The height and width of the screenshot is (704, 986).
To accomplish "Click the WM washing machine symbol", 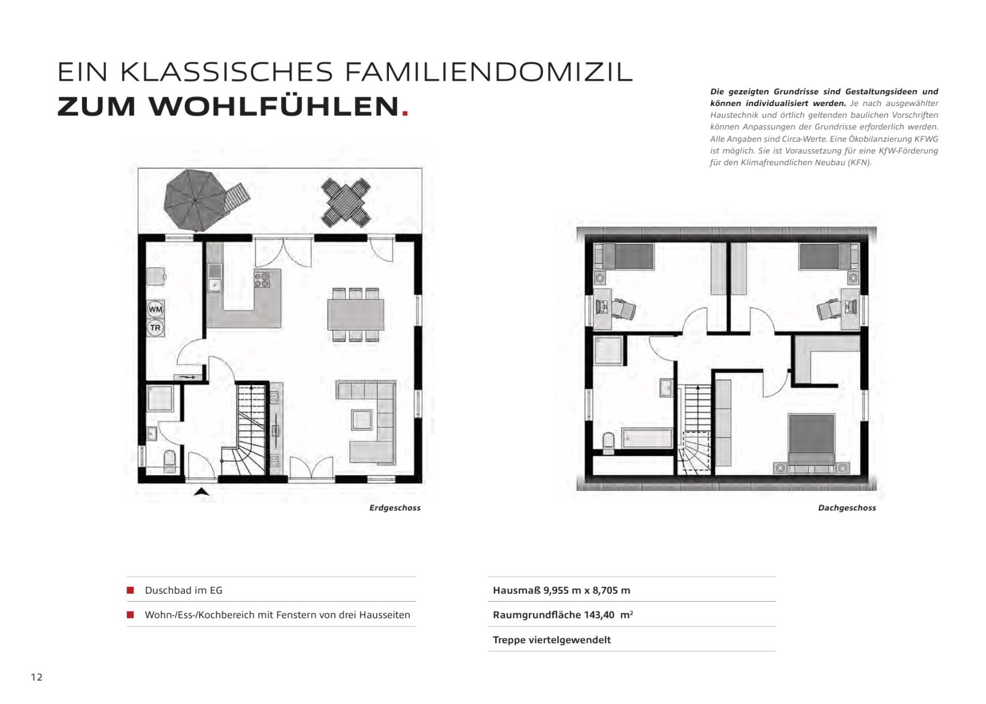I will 155,308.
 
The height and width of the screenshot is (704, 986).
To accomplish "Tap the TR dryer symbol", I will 155,328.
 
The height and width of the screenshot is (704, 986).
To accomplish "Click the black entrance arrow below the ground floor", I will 202,491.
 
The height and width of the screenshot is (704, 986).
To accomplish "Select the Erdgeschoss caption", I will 395,508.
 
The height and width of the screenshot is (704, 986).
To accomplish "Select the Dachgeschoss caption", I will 847,508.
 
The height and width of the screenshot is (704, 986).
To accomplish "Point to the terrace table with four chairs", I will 346,202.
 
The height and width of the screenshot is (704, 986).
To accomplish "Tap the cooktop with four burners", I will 262,280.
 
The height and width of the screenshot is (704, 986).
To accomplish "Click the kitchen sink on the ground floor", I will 215,284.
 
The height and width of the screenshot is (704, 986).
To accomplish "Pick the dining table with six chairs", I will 356,314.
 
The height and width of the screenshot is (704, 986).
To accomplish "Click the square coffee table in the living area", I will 362,420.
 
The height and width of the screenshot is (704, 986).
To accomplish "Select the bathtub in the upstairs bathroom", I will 647,439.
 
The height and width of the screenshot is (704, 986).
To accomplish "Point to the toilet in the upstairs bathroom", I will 608,441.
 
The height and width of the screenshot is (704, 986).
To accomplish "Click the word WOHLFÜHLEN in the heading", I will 273,107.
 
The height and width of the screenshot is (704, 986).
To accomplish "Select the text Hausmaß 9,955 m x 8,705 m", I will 561,590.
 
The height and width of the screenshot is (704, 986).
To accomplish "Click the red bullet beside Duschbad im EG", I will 131,590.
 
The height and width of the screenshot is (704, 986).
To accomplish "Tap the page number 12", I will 37,677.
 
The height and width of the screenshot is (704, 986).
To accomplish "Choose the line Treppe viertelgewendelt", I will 552,640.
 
